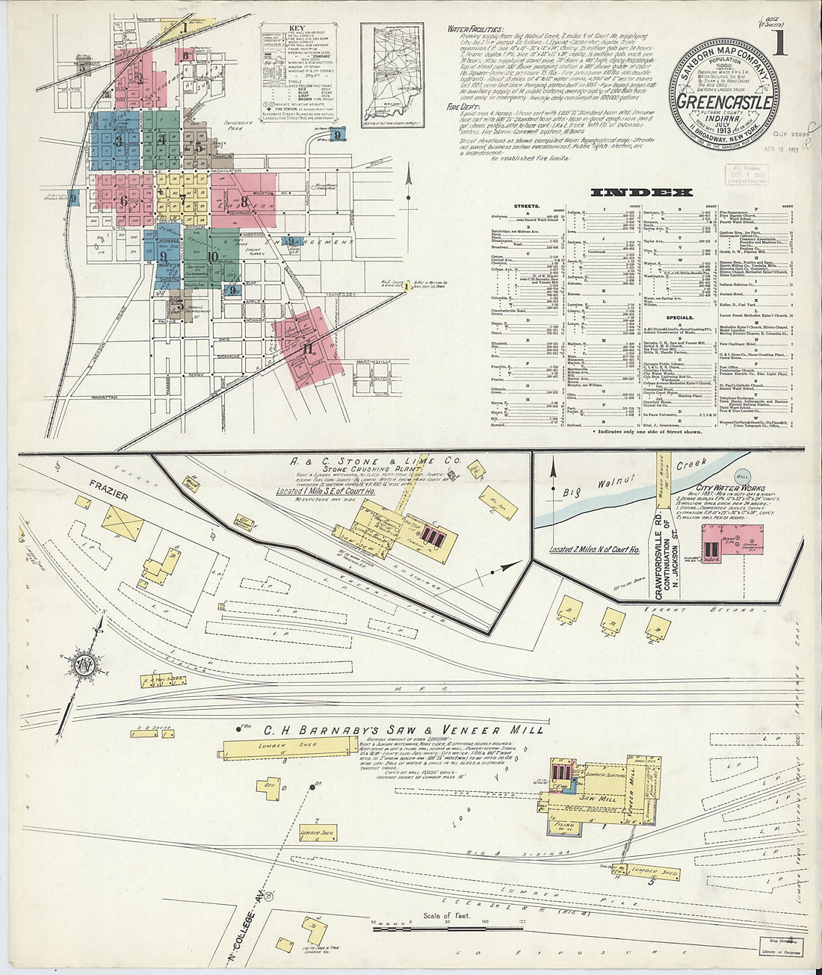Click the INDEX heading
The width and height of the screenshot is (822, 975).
pos(641,192)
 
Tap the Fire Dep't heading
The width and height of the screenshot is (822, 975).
pos(462,107)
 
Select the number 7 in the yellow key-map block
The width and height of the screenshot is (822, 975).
pos(182,199)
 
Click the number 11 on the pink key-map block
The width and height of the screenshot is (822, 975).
pos(307,348)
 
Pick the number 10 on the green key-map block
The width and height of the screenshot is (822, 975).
pos(214,257)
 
